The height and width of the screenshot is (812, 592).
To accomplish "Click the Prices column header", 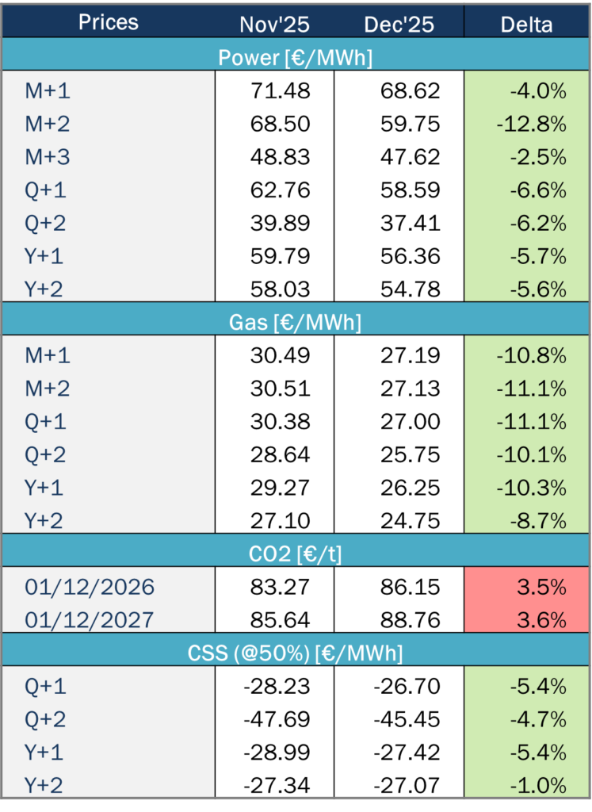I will (x=109, y=22).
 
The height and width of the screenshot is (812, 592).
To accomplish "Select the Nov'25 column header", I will (x=274, y=25).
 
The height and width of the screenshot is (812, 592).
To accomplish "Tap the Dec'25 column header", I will (x=399, y=25).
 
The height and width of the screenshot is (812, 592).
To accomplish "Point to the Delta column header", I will (x=527, y=25).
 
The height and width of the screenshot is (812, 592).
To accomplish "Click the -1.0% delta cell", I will (x=536, y=785).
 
